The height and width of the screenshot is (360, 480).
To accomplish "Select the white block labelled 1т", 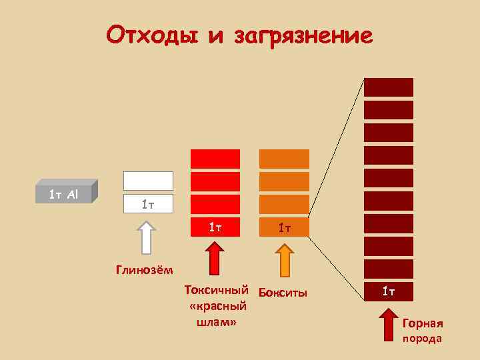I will [x=148, y=204].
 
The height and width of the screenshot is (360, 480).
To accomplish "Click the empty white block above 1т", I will [x=148, y=181].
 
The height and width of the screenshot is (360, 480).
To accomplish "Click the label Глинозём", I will [x=144, y=270].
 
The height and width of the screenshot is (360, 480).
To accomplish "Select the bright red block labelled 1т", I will [x=215, y=227].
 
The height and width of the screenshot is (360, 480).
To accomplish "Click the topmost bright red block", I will [x=215, y=159].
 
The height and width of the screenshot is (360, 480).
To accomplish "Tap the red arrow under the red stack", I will [x=215, y=258].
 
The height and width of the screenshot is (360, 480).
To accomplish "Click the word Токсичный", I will [x=217, y=291].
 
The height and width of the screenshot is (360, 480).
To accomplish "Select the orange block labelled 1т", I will [x=284, y=228].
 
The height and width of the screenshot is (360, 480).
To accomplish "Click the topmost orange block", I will [x=284, y=159].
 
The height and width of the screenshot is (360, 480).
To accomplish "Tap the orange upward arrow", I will [x=285, y=259].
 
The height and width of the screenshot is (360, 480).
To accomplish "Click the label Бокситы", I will [x=283, y=293].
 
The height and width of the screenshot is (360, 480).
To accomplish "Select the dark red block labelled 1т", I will [x=388, y=291].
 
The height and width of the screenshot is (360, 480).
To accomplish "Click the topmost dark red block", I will [x=388, y=87].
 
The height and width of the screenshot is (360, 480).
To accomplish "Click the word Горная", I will [x=423, y=324].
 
